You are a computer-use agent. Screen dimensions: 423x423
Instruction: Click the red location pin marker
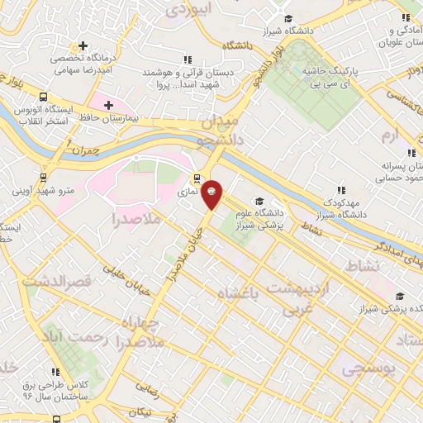point(212,193)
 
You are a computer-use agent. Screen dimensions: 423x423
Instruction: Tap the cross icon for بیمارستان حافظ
point(108,105)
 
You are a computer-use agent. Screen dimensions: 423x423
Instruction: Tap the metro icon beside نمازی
point(197,177)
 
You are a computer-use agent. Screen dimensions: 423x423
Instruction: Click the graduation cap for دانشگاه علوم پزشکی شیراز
point(259,201)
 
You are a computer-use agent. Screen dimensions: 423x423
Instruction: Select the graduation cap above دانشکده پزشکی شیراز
point(400,295)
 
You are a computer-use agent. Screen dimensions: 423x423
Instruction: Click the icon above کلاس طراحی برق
point(56,372)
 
